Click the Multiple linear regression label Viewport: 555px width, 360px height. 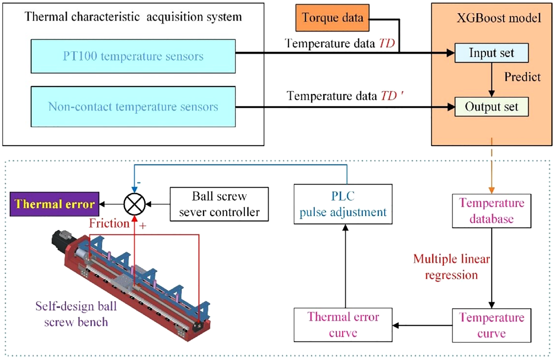pos(445,266)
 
